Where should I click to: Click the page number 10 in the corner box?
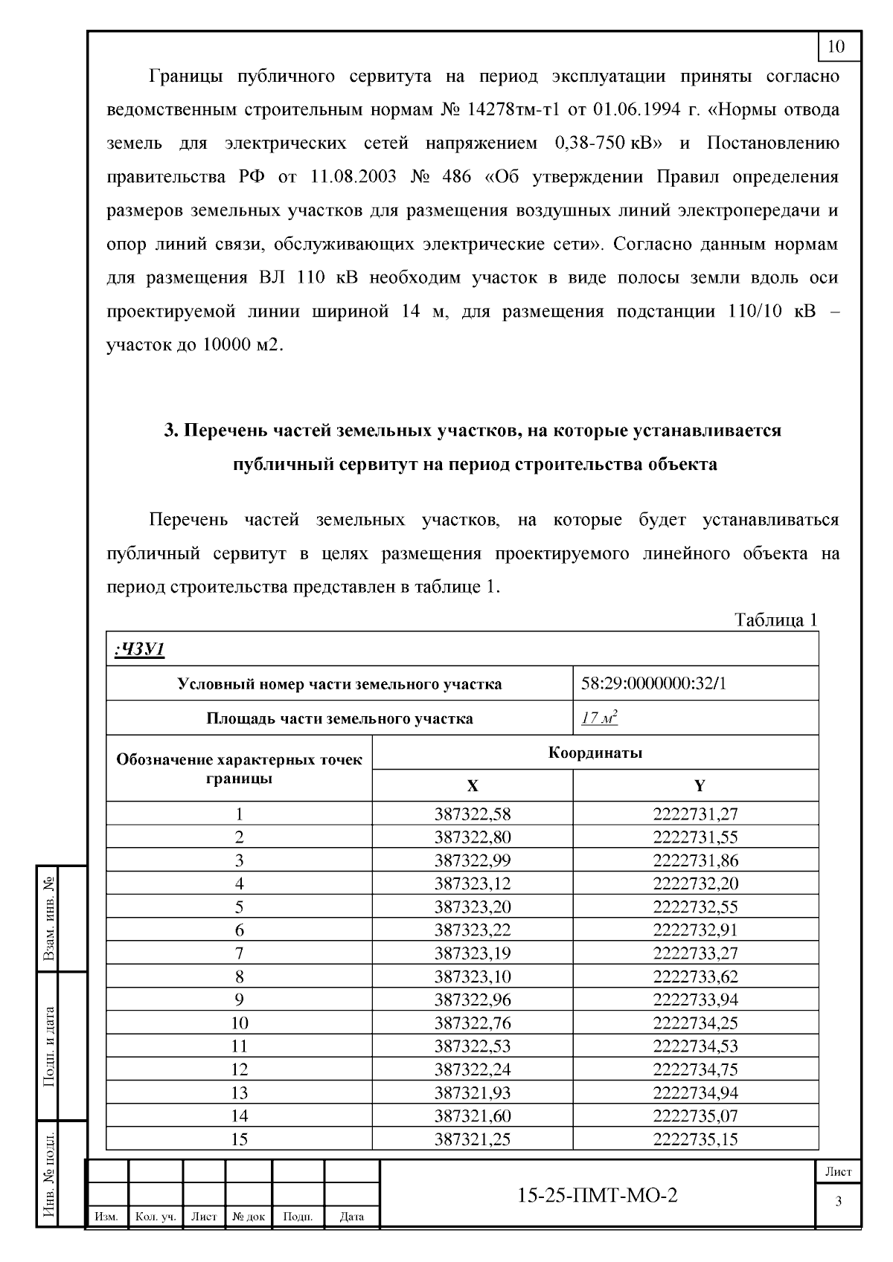[836, 46]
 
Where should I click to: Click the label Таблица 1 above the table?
[776, 619]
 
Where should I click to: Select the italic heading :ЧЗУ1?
[139, 649]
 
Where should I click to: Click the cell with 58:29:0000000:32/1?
[653, 683]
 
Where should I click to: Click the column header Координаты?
[595, 753]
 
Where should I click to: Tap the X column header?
[473, 786]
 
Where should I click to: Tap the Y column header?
[699, 786]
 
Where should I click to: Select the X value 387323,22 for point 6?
[473, 930]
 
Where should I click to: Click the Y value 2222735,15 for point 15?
[695, 1139]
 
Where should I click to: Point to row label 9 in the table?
[239, 999]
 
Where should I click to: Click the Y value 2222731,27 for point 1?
[695, 814]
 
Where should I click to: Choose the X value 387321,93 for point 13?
[473, 1092]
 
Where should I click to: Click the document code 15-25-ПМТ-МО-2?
[598, 1195]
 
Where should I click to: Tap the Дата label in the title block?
[351, 1217]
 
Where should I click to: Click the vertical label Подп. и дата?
[49, 1046]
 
